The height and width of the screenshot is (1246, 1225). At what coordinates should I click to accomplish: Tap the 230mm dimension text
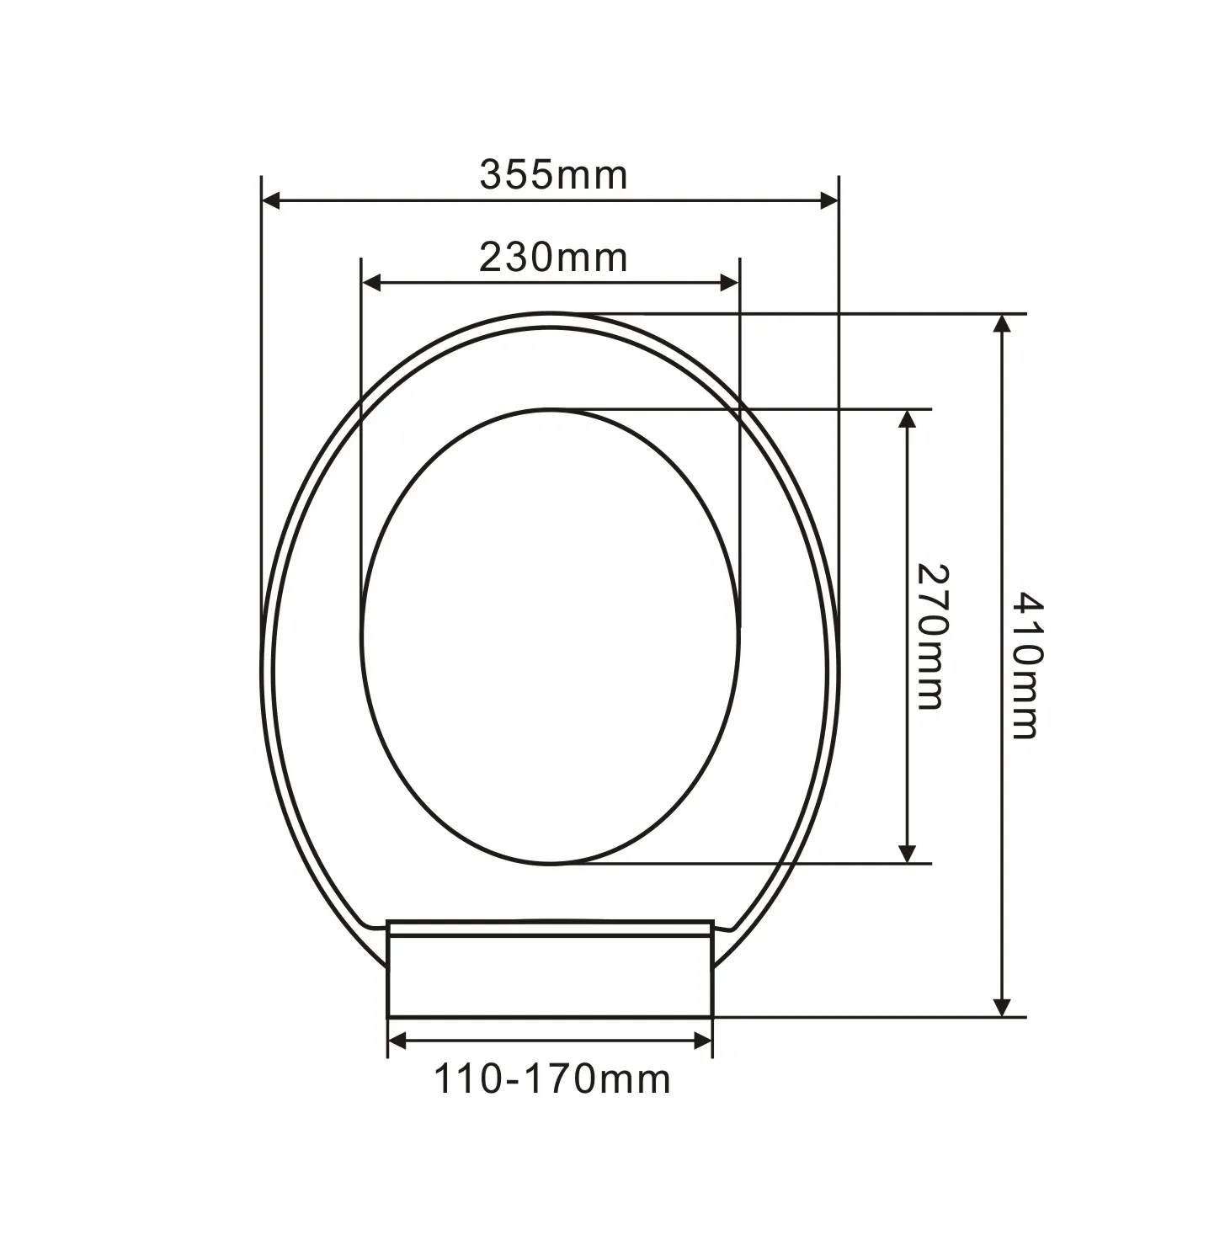(553, 258)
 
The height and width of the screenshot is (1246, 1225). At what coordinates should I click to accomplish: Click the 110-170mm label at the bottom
(552, 1080)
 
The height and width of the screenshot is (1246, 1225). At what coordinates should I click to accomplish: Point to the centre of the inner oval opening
(551, 636)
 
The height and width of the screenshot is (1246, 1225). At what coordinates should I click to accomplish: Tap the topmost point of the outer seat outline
(550, 313)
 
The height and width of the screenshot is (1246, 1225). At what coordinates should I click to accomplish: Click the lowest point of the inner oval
(551, 863)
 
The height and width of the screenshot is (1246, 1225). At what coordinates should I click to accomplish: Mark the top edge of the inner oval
(551, 410)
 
